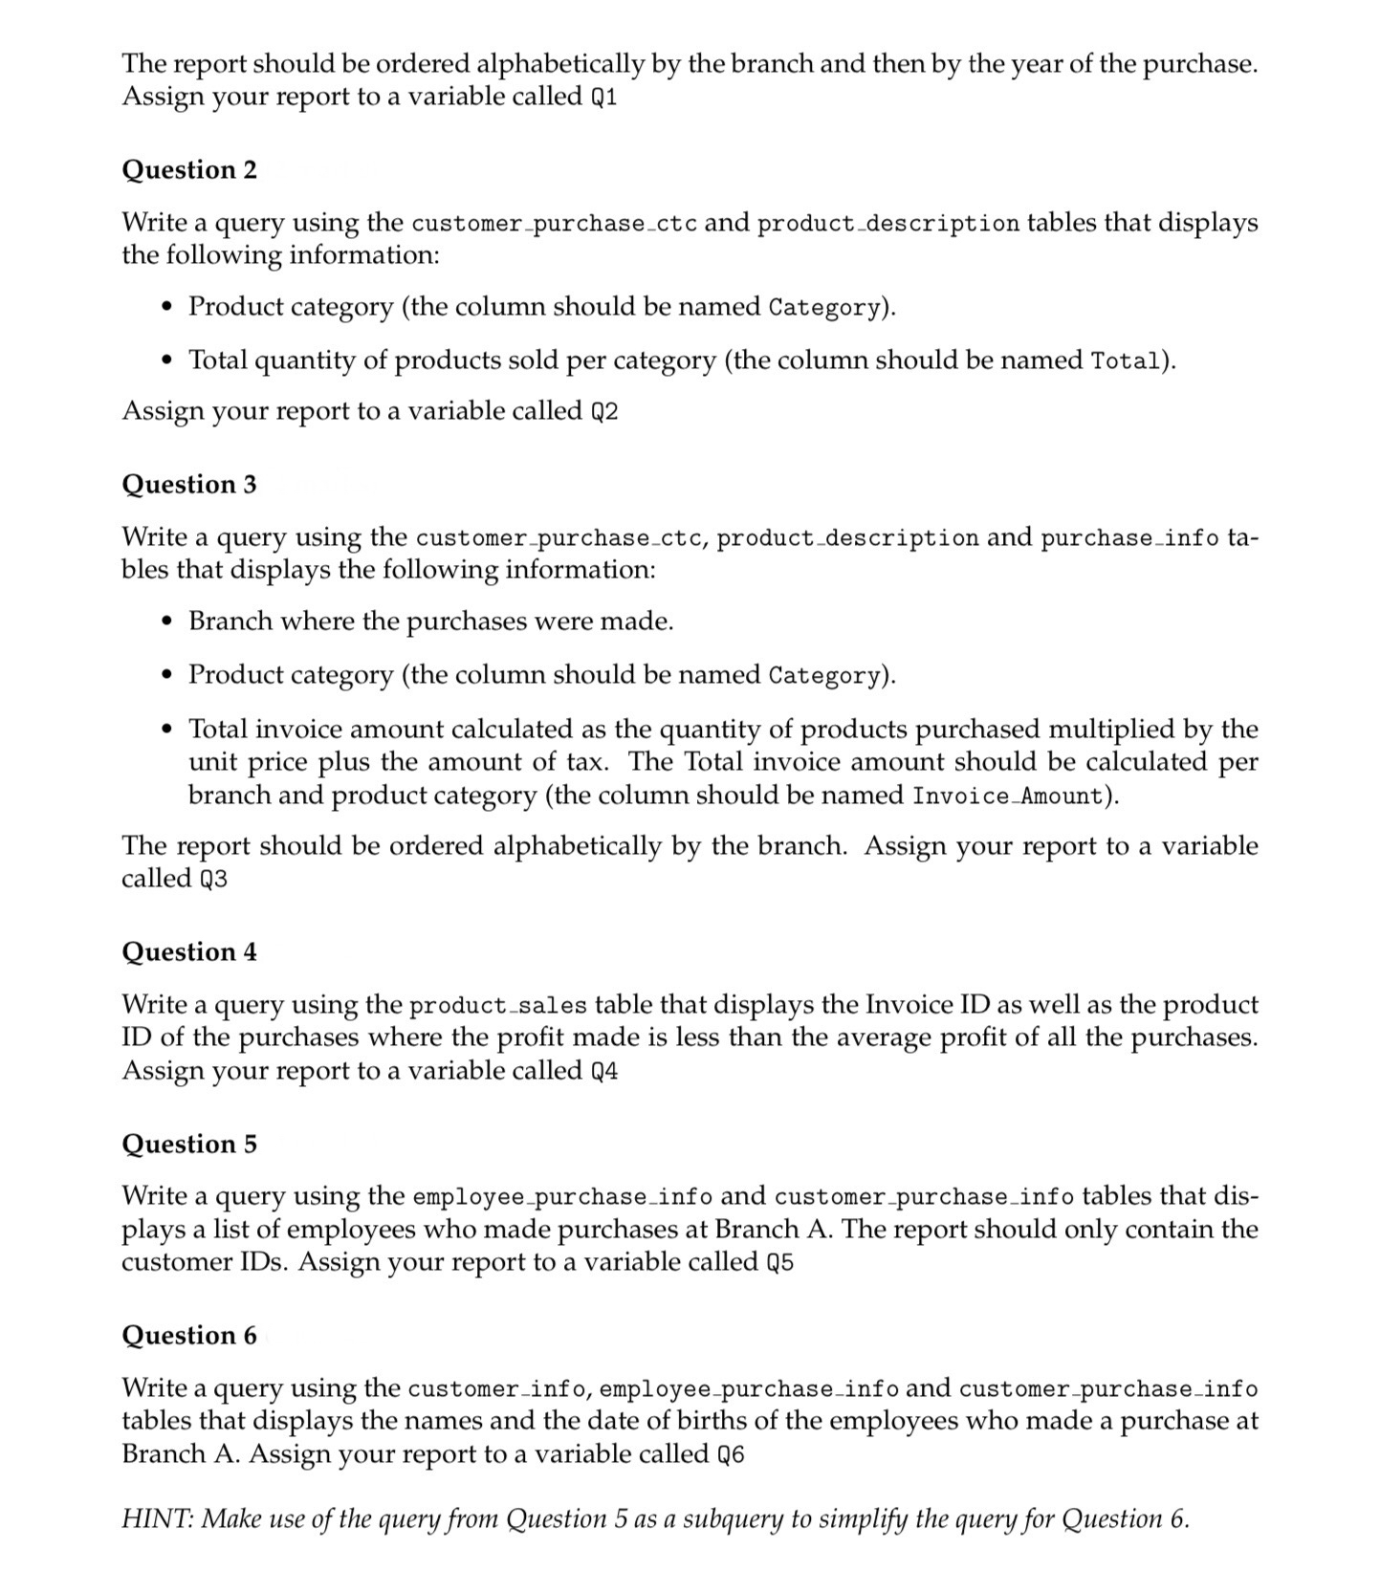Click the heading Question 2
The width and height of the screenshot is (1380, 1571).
189,170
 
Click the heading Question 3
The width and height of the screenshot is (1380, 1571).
189,485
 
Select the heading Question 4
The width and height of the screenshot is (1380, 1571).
189,952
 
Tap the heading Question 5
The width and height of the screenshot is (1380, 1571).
189,1145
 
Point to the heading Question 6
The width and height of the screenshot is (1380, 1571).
189,1336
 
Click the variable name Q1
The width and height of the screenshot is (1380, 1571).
604,98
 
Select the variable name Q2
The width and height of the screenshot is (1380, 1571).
604,412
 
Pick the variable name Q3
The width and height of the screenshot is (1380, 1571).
214,880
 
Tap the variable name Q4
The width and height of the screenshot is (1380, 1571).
604,1072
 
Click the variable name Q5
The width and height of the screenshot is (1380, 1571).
780,1263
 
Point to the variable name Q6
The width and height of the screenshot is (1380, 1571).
731,1455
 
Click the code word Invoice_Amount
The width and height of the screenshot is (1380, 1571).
1008,796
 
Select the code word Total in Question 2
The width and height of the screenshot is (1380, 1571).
1127,361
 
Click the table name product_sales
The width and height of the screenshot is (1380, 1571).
498,1006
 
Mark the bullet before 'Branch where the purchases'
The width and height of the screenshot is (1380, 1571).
168,622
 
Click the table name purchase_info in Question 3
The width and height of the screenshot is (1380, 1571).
1129,538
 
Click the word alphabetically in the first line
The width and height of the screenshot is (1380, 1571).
561,64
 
